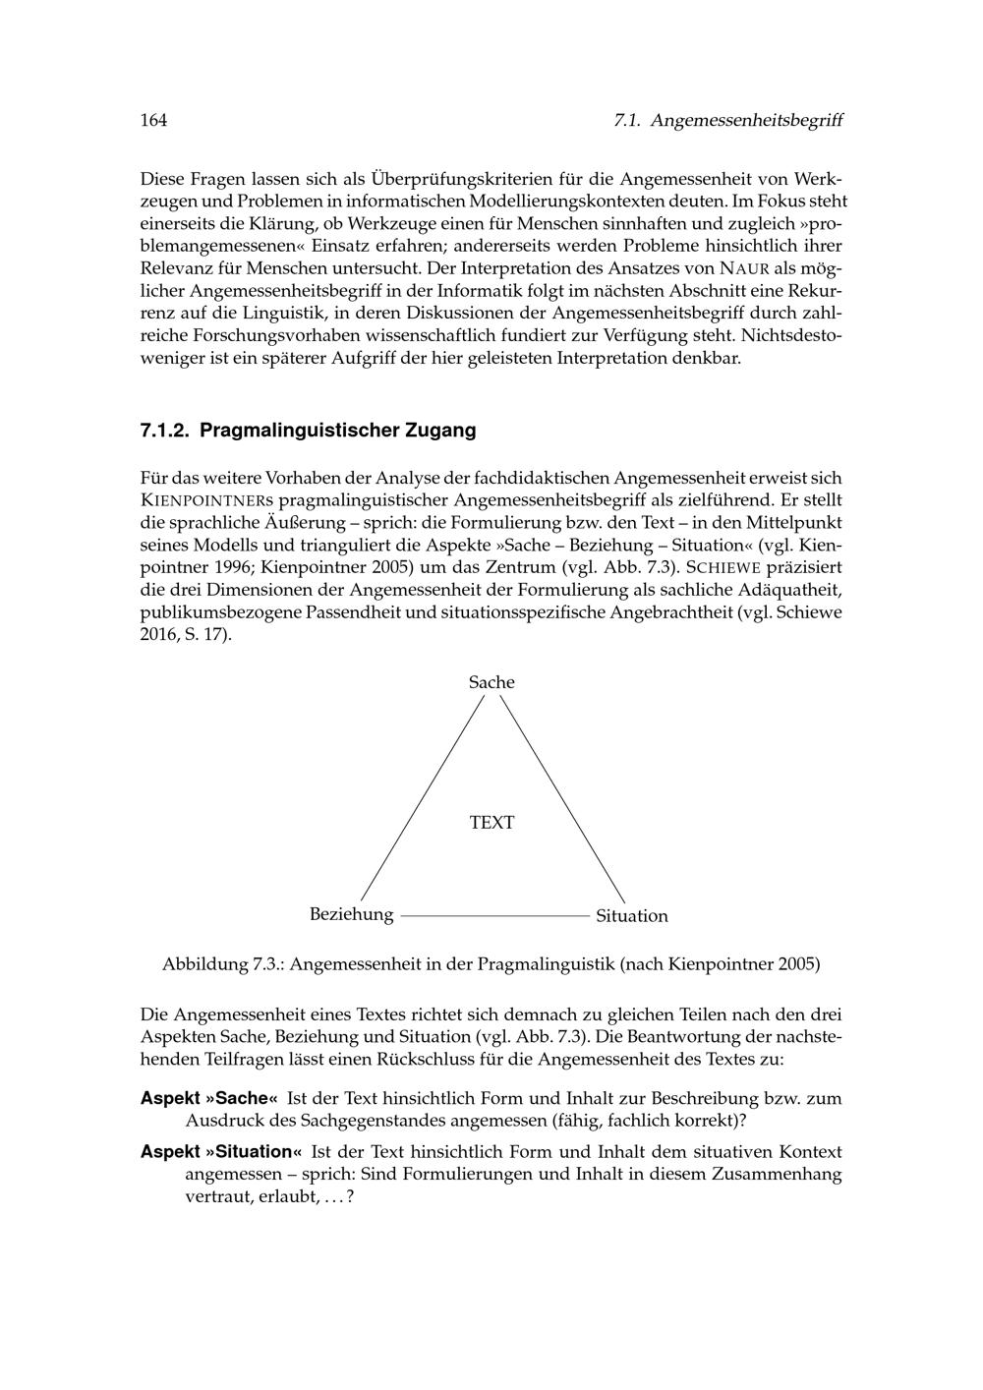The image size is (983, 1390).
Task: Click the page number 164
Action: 154,121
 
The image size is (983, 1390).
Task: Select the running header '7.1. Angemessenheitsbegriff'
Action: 727,121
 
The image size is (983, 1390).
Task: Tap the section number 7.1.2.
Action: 165,430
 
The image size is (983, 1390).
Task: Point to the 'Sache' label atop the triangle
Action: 491,682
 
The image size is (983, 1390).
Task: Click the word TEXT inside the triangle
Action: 491,823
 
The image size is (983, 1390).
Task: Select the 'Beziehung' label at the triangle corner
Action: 351,914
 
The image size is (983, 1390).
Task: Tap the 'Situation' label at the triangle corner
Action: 631,916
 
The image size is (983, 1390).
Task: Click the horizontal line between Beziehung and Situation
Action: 494,915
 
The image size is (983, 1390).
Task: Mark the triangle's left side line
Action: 423,797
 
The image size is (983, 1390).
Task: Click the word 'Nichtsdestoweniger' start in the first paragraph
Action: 791,335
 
